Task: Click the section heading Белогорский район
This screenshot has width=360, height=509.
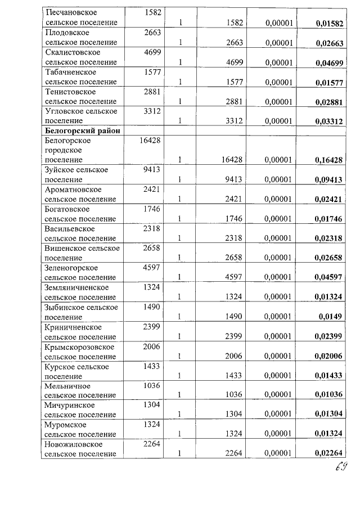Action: tap(82, 130)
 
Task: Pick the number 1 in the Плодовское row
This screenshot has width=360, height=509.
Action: tap(181, 43)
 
